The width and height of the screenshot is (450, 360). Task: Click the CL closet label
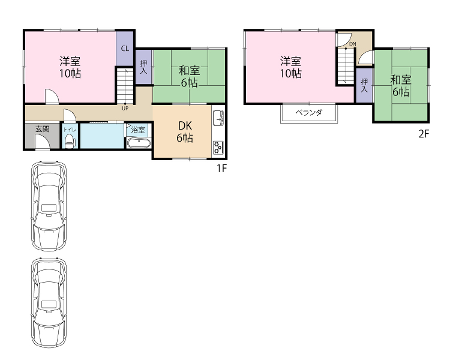[125, 49]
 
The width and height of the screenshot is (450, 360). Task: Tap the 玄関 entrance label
[43, 129]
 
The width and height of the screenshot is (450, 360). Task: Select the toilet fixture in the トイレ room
[70, 141]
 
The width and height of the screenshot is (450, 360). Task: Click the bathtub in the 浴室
[139, 143]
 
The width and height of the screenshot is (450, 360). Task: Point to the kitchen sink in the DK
[218, 118]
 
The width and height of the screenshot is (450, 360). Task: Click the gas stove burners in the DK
[218, 148]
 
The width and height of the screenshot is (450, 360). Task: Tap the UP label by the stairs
[125, 108]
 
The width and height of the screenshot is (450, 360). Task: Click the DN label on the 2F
[353, 44]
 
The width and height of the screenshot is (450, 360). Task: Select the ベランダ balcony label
[309, 113]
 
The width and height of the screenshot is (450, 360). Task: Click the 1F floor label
[222, 168]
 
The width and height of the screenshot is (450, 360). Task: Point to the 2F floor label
[424, 134]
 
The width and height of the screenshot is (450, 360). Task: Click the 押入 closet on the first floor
[143, 67]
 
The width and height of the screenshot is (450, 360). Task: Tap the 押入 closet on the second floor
[364, 85]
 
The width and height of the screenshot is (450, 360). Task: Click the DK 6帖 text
[185, 132]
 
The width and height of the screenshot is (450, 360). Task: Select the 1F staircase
[125, 86]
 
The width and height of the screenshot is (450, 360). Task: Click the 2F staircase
[346, 66]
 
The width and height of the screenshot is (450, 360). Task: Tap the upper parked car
[49, 206]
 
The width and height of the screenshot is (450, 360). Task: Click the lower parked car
[49, 303]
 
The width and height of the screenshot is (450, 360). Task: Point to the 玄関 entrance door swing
[42, 142]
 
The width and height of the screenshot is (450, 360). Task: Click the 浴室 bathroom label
[138, 130]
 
